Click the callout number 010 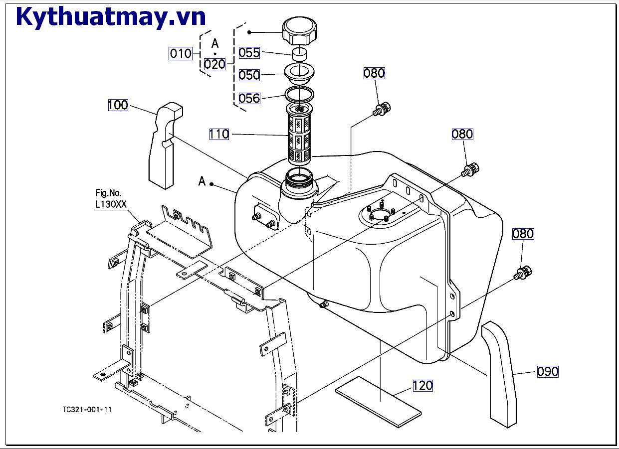(181, 53)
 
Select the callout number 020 (214, 64)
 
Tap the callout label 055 (249, 53)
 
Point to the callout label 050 (249, 75)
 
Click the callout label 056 (249, 98)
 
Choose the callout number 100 (118, 105)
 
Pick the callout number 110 (219, 134)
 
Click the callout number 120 (422, 385)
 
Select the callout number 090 (548, 371)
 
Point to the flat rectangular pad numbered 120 (378, 402)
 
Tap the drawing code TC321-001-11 (87, 409)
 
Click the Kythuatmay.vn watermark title (111, 16)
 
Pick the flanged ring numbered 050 (299, 74)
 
